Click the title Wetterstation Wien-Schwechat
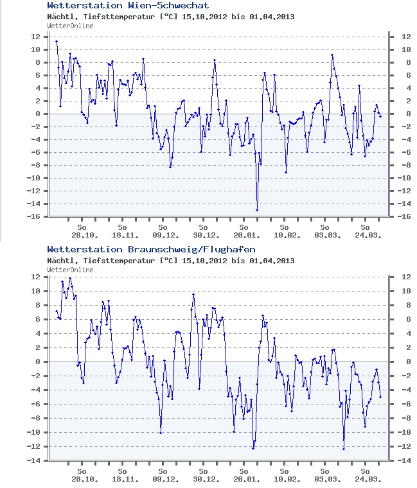(x=128, y=6)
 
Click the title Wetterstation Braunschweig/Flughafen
(x=151, y=249)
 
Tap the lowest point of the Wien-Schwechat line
(x=257, y=210)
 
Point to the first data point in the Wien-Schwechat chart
(x=57, y=42)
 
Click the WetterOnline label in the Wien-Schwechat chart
(x=70, y=26)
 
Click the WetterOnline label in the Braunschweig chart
(x=70, y=270)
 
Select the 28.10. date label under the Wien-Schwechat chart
(x=82, y=235)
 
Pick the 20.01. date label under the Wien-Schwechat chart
(x=244, y=235)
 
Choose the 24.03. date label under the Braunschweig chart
(x=366, y=479)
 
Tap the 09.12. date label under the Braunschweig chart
(x=163, y=479)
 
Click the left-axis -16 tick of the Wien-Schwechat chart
(x=35, y=216)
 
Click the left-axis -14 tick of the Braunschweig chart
(x=35, y=460)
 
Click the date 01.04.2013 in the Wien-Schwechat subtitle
(x=271, y=17)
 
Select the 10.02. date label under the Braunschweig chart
(x=285, y=479)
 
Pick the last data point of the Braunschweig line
(x=380, y=397)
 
